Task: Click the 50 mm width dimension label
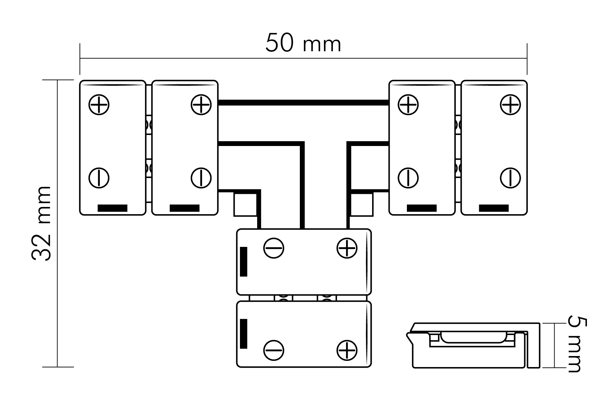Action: pyautogui.click(x=303, y=43)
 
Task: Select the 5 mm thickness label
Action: pyautogui.click(x=577, y=344)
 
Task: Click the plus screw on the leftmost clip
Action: pyautogui.click(x=99, y=104)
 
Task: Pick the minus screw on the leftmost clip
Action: pyautogui.click(x=99, y=178)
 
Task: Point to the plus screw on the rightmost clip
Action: pyautogui.click(x=510, y=104)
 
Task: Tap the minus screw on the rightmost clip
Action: pyautogui.click(x=510, y=178)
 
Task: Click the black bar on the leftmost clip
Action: pyautogui.click(x=113, y=208)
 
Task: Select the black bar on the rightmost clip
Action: pyautogui.click(x=494, y=208)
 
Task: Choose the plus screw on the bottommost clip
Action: pyautogui.click(x=347, y=351)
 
